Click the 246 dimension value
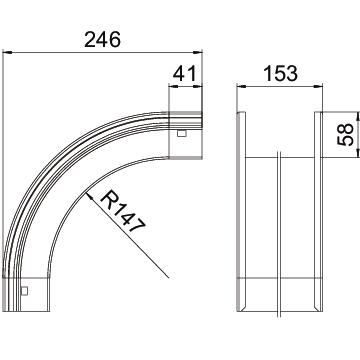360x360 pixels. (x=102, y=40)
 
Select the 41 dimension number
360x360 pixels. (x=185, y=73)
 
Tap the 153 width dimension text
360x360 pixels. (x=280, y=73)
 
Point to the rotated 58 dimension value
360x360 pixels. (x=345, y=134)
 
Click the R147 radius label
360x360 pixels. (x=123, y=211)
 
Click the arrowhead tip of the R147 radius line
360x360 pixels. (x=86, y=192)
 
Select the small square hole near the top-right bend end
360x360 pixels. (x=181, y=134)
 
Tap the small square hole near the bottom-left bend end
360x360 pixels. (x=24, y=291)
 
